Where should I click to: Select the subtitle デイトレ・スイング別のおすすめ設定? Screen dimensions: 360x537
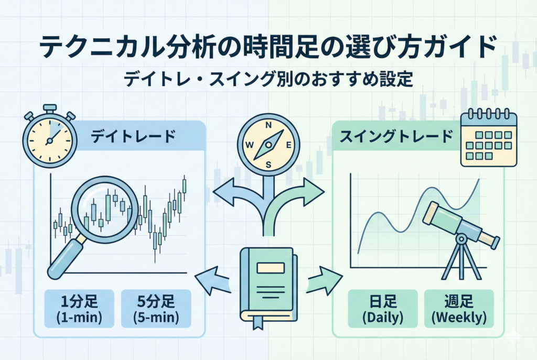pyautogui.click(x=268, y=80)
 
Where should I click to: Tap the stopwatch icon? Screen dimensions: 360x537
pyautogui.click(x=48, y=137)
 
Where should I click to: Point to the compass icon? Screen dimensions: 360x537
pyautogui.click(x=268, y=143)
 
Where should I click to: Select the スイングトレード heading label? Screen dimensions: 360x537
pyautogui.click(x=396, y=137)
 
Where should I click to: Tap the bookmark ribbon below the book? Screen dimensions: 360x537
pyautogui.click(x=259, y=323)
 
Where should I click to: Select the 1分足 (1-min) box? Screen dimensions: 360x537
pyautogui.click(x=79, y=309)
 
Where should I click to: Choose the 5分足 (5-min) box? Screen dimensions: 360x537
pyautogui.click(x=156, y=309)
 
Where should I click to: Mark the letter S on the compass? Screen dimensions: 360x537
pyautogui.click(x=268, y=163)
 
